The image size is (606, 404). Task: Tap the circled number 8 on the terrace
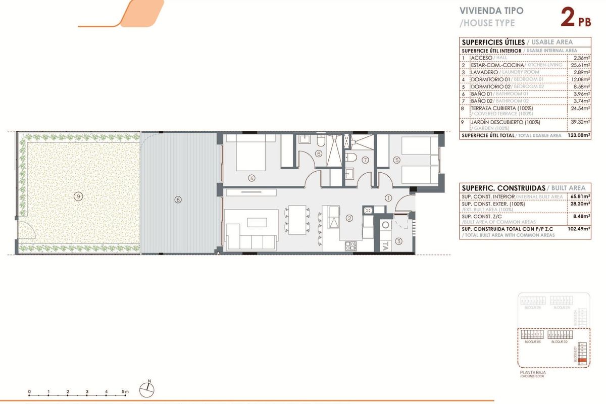[178, 199]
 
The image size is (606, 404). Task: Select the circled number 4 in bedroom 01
[251, 177]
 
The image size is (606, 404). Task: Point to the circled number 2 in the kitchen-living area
[349, 218]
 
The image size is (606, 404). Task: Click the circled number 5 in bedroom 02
[397, 160]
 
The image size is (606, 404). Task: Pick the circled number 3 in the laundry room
[399, 241]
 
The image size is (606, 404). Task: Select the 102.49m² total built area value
[580, 228]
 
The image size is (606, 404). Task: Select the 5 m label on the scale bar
[125, 392]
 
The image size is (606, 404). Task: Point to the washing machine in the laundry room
[386, 226]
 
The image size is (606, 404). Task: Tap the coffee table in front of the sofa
[257, 222]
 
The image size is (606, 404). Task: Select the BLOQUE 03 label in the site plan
[532, 342]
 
